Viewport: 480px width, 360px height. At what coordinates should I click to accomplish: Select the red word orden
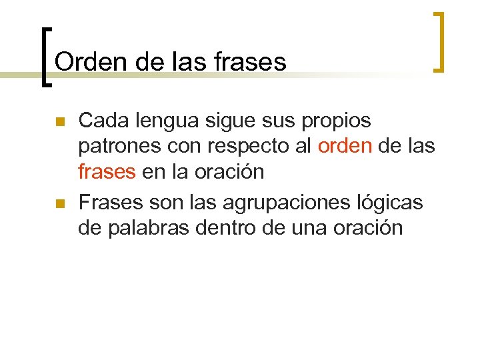[x=345, y=146]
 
